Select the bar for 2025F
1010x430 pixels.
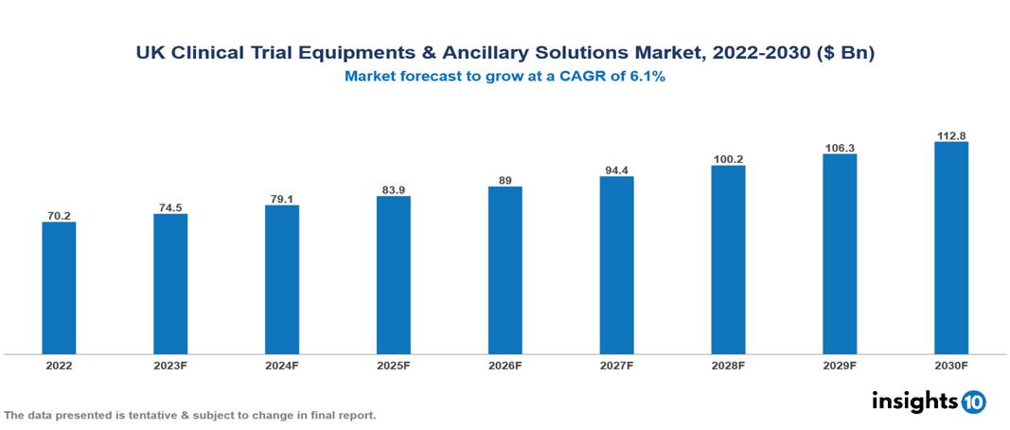393,275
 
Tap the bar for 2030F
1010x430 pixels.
950,248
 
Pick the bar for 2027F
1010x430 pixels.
616,265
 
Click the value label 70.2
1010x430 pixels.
59,215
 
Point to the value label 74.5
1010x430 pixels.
170,206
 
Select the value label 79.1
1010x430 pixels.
282,198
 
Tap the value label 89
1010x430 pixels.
505,179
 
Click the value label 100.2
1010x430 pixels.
728,158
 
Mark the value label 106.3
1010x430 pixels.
840,147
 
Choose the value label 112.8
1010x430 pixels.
950,134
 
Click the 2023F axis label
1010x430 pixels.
170,365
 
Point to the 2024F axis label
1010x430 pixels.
282,365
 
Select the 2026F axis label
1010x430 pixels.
505,365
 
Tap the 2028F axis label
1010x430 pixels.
728,365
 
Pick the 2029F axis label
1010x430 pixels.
840,365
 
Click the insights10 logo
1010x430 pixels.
929,402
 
